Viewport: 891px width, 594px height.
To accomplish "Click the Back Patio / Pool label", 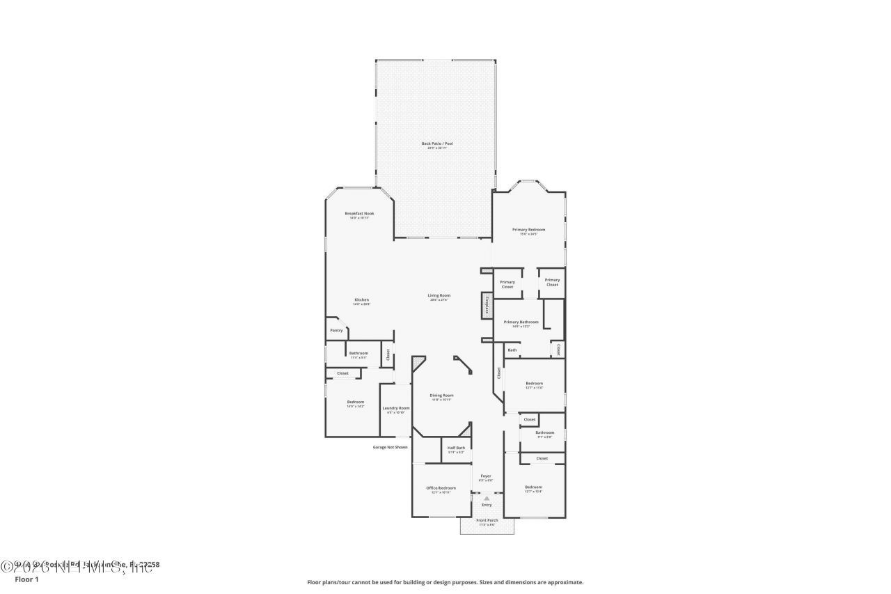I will point(437,144).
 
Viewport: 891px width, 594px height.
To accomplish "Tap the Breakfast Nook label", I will point(359,214).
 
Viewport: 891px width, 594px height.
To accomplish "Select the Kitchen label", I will point(361,300).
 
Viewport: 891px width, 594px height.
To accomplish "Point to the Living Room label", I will point(439,296).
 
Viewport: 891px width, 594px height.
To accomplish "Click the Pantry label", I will point(336,330).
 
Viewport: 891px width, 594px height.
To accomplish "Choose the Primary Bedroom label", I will point(528,230).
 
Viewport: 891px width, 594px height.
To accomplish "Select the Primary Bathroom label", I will point(521,322).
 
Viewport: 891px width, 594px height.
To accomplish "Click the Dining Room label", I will point(441,396).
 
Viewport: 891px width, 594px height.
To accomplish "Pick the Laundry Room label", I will point(395,408).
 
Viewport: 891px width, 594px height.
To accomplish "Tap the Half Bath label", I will point(456,448).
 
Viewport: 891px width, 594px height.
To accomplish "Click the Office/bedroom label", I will point(441,488).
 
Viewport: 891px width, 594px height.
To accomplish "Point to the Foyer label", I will point(486,476).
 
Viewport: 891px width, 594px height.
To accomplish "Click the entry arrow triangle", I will point(487,498).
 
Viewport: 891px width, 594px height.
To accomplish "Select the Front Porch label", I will point(487,520).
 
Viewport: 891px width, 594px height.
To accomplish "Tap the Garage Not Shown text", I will point(390,447).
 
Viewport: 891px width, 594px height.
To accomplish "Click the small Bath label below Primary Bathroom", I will point(512,350).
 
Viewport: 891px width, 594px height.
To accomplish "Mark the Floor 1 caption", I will point(26,579).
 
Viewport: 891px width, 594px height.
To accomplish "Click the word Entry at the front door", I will point(487,505).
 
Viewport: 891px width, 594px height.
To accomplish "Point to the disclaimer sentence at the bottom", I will point(445,582).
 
